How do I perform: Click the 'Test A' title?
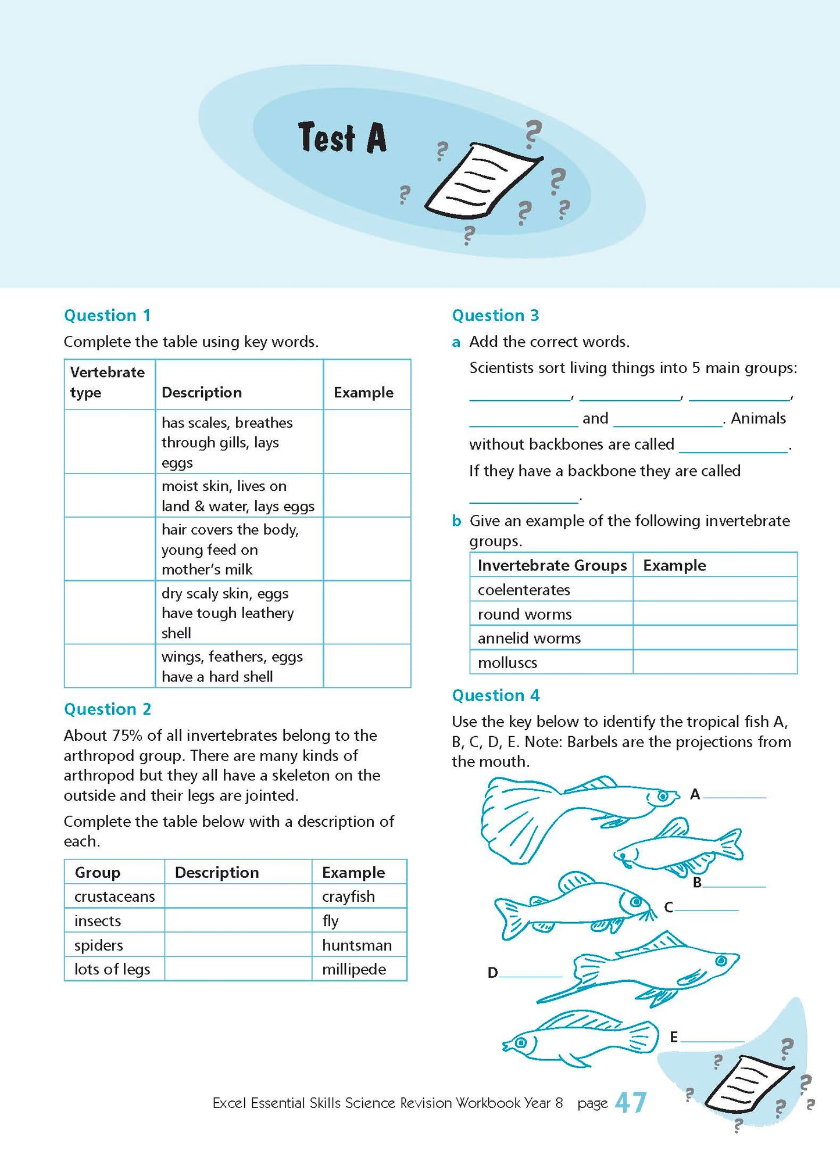coord(342,138)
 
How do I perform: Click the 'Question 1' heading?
coord(107,315)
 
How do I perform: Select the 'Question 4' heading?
coord(495,695)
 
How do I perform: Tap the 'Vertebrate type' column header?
coord(108,382)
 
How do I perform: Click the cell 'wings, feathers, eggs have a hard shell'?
coord(233,666)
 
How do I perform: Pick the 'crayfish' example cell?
coord(348,897)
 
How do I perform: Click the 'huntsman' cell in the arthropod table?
coord(356,945)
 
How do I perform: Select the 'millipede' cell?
coord(353,969)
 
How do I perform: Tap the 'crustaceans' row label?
coord(115,897)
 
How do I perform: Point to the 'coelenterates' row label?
coord(524,590)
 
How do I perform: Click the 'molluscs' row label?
coord(507,662)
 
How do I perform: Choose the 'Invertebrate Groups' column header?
coord(552,565)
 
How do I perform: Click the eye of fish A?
coord(663,797)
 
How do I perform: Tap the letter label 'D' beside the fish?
coord(492,973)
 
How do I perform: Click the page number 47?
coord(630,1102)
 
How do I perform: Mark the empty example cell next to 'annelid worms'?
coord(714,638)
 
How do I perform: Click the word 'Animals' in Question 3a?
coord(758,418)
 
